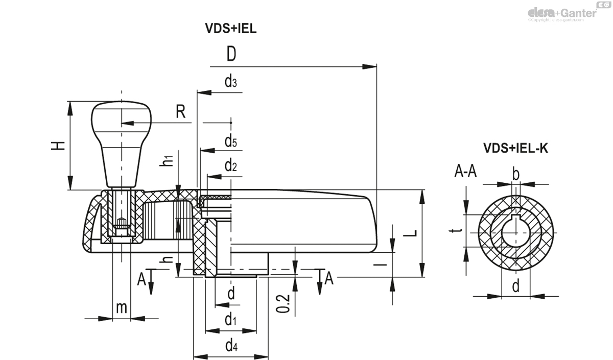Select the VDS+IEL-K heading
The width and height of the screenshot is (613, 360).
coord(516,149)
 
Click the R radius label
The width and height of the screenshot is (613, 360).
coord(180,112)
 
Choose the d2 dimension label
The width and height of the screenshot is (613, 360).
coord(230,165)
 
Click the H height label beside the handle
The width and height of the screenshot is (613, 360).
coord(59,146)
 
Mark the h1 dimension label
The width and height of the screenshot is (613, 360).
coord(166,160)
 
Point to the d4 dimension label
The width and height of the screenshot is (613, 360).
coord(231,345)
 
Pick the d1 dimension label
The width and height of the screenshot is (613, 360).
coord(230,320)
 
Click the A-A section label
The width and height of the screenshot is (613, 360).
coord(465,172)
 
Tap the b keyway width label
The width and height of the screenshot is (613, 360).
coord(516,174)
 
